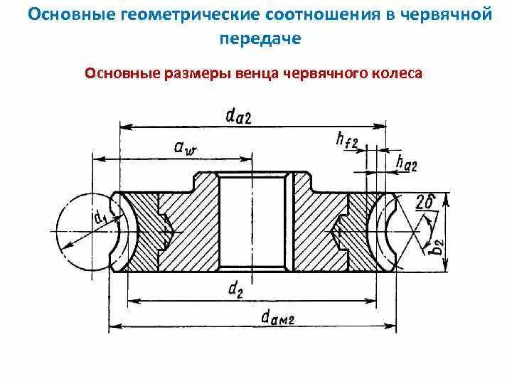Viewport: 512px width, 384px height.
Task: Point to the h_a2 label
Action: click(405, 165)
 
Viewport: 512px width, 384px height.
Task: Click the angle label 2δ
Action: click(425, 202)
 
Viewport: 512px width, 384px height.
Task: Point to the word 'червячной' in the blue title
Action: click(444, 15)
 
